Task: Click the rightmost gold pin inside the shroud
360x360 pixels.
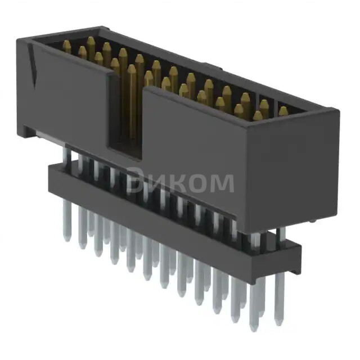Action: pyautogui.click(x=283, y=111)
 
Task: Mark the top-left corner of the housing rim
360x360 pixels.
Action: pyautogui.click(x=19, y=38)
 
